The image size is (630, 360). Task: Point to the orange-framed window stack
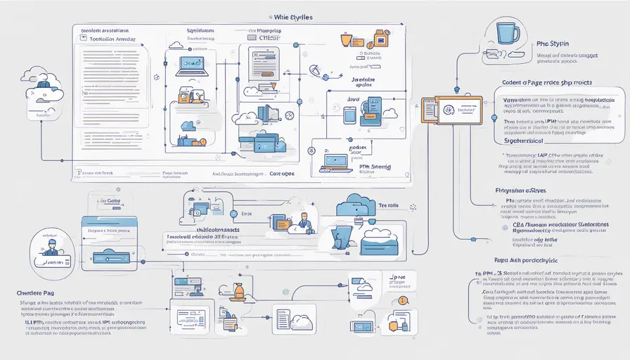coord(450,111)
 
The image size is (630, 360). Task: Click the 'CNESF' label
coord(270,39)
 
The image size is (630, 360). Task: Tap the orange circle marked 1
coord(403,301)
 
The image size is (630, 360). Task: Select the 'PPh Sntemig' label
coord(368,167)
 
